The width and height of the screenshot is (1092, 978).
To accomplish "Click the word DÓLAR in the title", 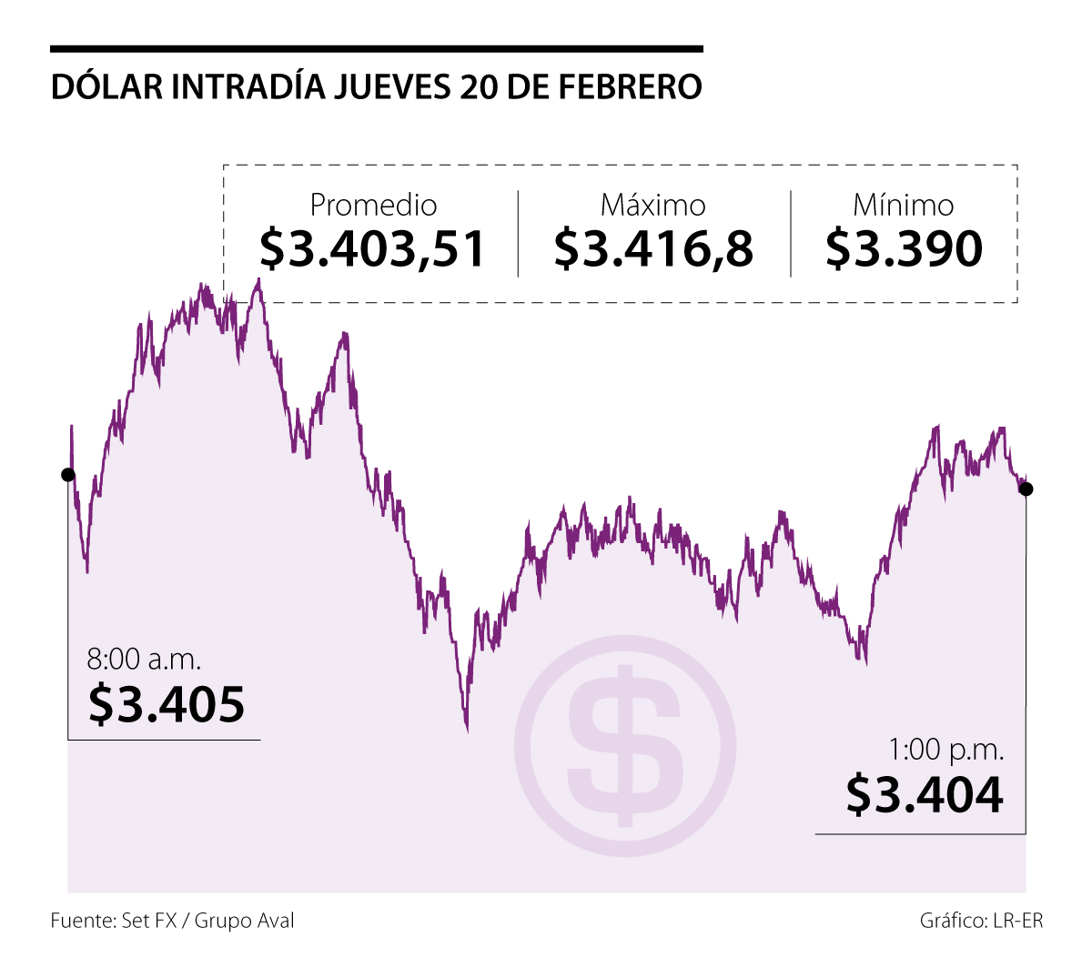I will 106,86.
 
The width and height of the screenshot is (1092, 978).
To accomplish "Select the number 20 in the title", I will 480,86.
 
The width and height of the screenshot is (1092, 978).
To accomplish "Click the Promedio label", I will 373,205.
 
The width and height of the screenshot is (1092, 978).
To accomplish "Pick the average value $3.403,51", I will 373,248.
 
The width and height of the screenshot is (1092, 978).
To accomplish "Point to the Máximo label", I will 652,205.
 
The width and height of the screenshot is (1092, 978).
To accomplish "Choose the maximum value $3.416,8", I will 653,248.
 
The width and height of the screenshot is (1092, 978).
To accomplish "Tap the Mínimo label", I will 903,205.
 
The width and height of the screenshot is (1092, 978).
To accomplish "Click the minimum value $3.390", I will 904,248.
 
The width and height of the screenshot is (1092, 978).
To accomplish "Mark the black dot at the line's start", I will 67,474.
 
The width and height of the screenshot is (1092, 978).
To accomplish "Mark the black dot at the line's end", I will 1026,489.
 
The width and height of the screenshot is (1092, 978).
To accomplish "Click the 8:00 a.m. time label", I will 144,658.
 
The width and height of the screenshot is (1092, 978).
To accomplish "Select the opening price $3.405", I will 167,703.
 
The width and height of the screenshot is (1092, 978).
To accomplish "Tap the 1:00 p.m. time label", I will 946,750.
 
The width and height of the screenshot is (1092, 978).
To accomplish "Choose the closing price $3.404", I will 925,794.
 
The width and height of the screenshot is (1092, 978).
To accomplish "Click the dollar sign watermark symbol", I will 625,746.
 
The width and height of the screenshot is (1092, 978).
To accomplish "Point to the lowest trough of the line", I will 467,728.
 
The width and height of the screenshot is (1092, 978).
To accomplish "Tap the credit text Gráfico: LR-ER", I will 981,921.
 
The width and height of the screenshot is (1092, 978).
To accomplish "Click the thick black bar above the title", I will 377,48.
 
